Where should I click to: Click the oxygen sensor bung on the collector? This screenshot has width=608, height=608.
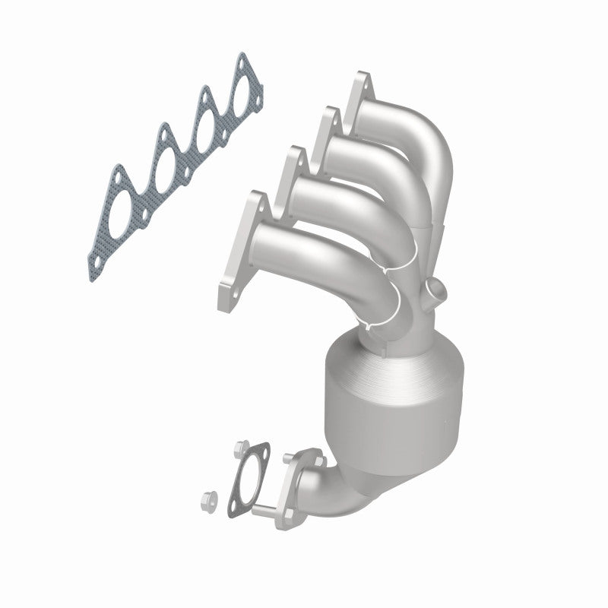pyautogui.click(x=435, y=288)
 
